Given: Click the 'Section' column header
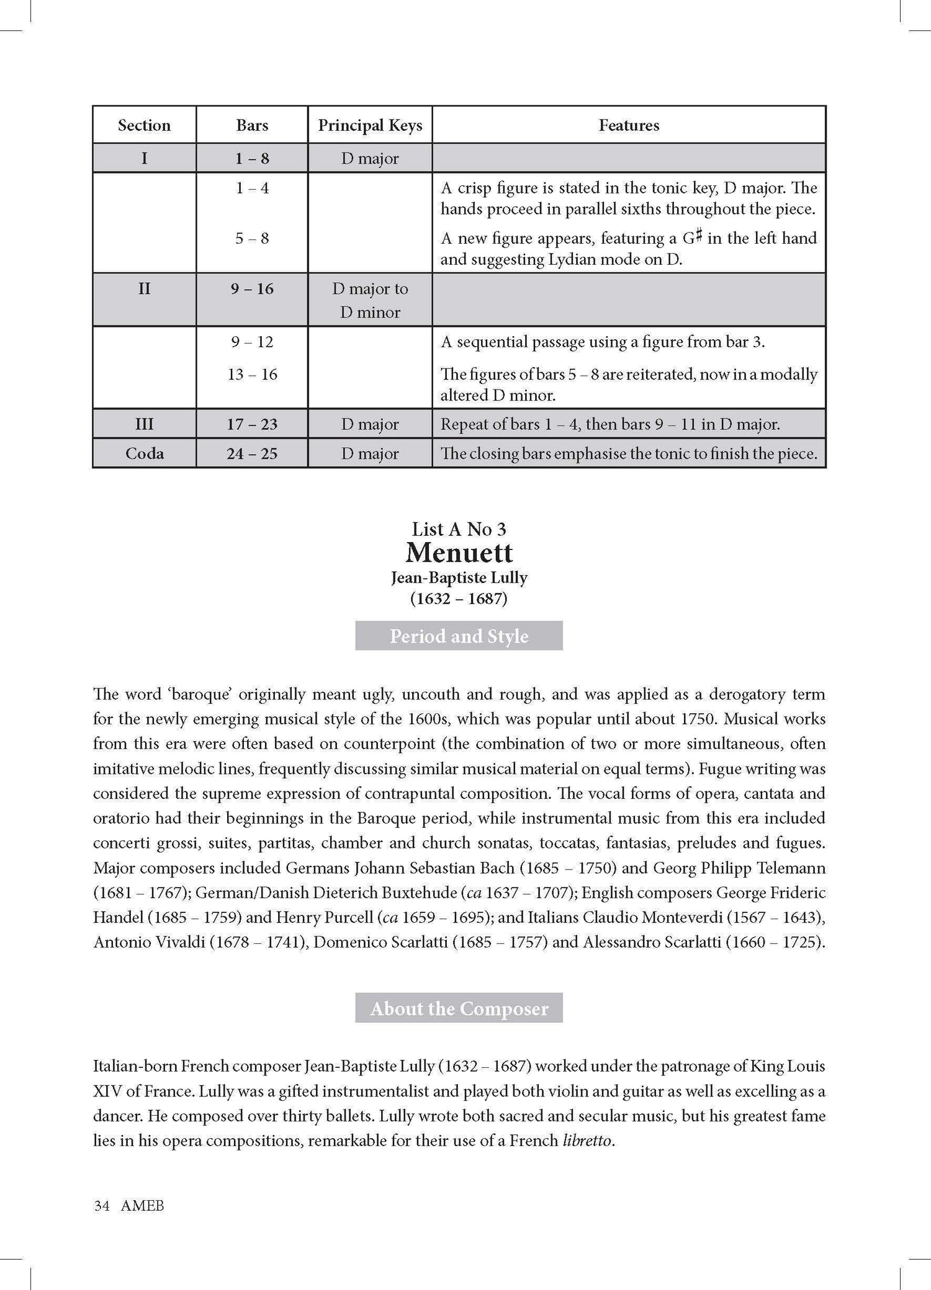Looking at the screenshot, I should [x=144, y=125].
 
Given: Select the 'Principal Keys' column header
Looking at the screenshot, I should [x=370, y=125].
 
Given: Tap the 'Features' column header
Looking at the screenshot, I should [x=629, y=125].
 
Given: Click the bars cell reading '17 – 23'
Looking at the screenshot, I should [x=252, y=424].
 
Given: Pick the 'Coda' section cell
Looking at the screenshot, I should [x=144, y=453].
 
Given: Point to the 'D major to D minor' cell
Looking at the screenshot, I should [x=370, y=300].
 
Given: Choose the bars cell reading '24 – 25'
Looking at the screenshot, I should [x=252, y=453].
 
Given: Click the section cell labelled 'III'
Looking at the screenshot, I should [x=144, y=424].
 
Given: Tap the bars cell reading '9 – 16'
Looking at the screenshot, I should [x=252, y=289].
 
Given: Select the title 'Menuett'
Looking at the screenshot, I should [x=459, y=552].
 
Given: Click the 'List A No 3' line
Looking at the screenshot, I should [x=459, y=528].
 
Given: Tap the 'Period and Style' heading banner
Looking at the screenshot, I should [x=459, y=636].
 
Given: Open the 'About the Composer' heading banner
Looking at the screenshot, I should [x=459, y=1008].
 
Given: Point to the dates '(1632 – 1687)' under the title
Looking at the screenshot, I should [x=459, y=598].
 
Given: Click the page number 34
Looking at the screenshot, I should [x=102, y=1206].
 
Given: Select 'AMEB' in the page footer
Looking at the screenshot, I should [x=143, y=1206].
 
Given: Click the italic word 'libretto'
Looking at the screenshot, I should [x=587, y=1141].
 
